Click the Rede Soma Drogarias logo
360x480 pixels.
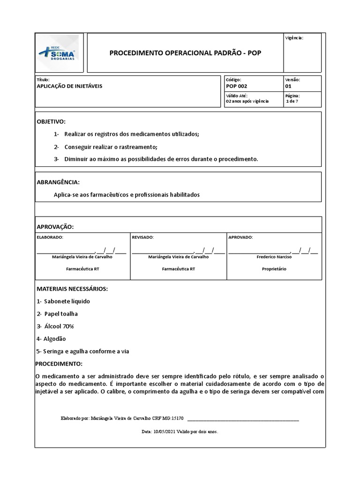[59, 53]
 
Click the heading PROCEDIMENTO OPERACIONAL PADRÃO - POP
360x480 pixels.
[185, 53]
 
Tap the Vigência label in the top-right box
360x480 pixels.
[294, 38]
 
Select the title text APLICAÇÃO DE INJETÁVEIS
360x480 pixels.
[69, 86]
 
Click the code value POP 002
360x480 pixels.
[236, 86]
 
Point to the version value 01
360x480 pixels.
[288, 86]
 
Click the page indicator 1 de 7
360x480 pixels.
[292, 101]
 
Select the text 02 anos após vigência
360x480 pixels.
[247, 101]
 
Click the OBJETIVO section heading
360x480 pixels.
[52, 121]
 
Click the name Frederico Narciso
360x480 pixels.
[274, 257]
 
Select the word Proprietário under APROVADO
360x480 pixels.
[274, 269]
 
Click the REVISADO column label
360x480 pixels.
[143, 238]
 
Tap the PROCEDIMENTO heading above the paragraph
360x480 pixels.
[59, 364]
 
